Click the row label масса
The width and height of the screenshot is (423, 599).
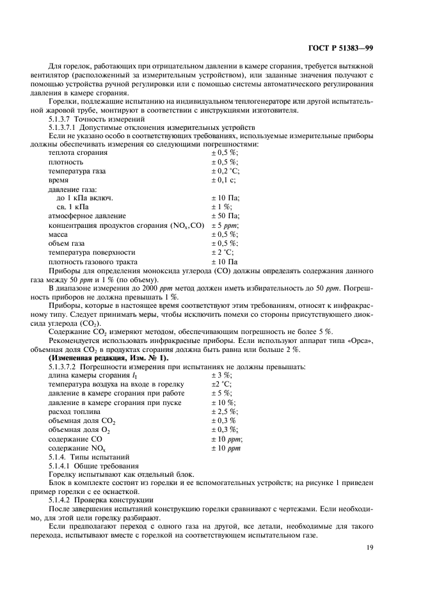(x=59, y=235)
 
